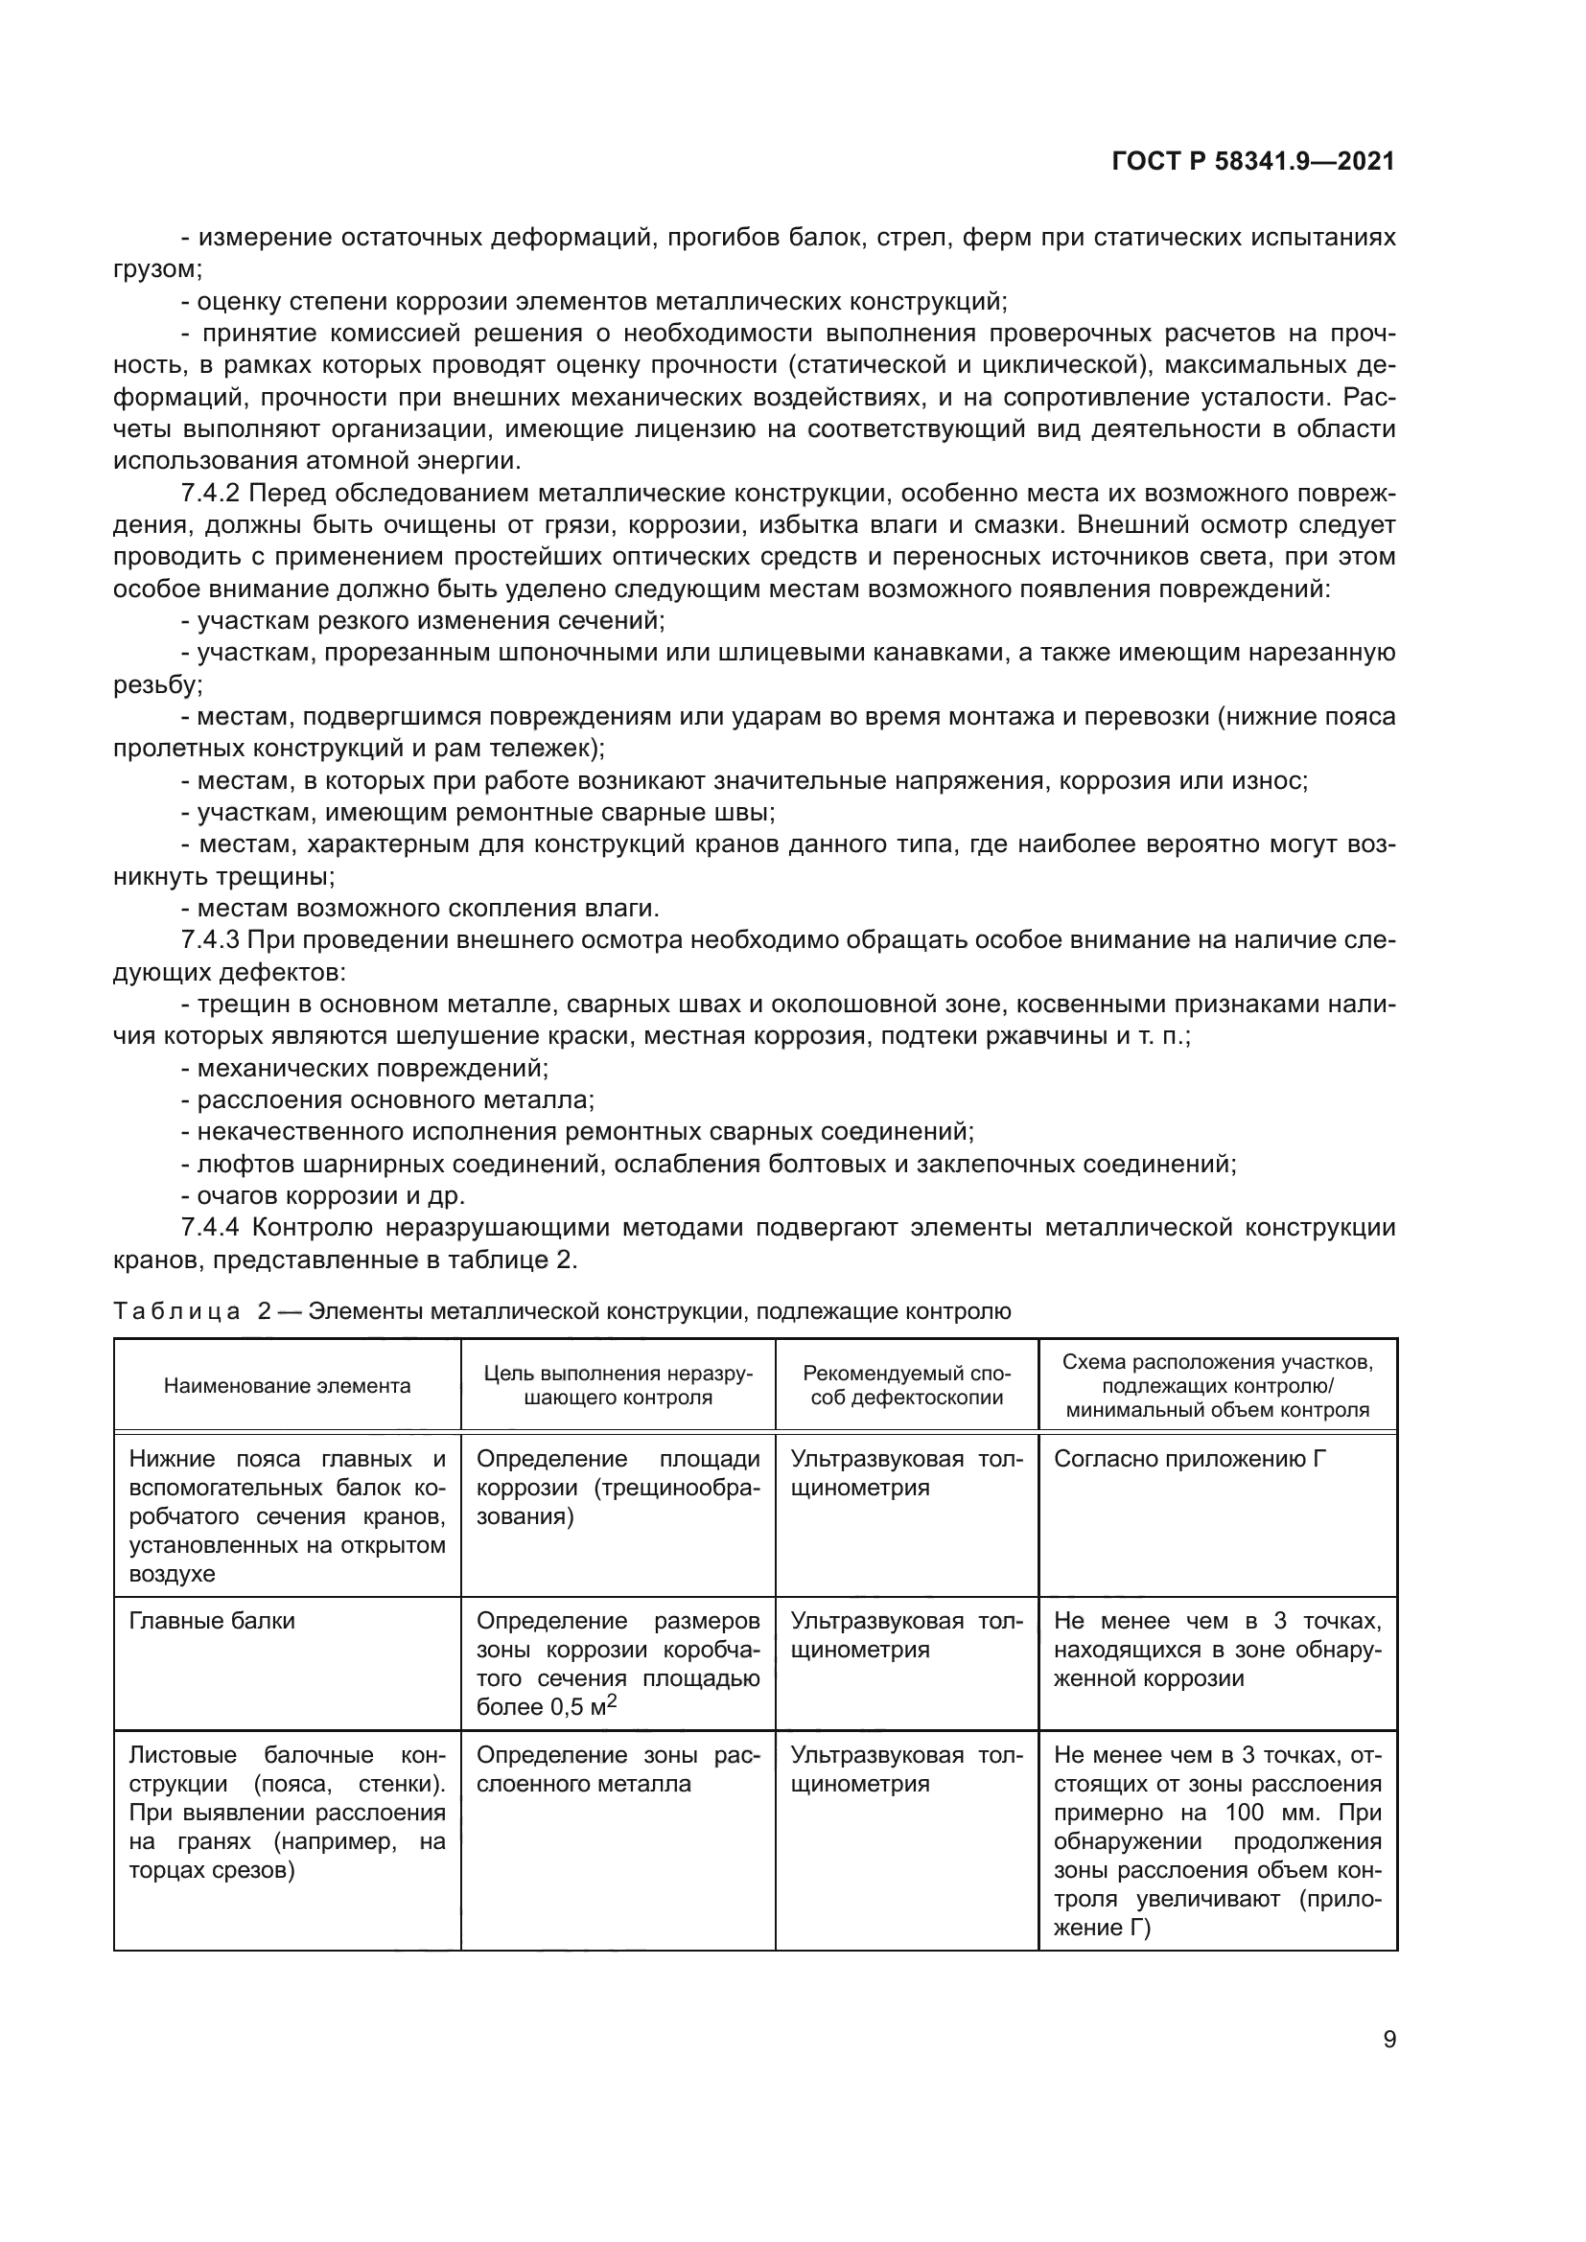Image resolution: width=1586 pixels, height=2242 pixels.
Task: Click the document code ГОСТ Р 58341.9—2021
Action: [x=1253, y=162]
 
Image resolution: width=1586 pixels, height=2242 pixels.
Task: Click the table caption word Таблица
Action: [x=176, y=1311]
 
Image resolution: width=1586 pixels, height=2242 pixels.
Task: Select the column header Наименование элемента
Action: [x=287, y=1386]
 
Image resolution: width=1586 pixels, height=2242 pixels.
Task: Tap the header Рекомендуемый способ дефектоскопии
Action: [x=906, y=1386]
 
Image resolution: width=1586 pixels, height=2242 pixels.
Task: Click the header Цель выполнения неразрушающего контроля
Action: [x=618, y=1386]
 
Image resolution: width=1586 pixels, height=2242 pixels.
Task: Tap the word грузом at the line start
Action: [x=156, y=269]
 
